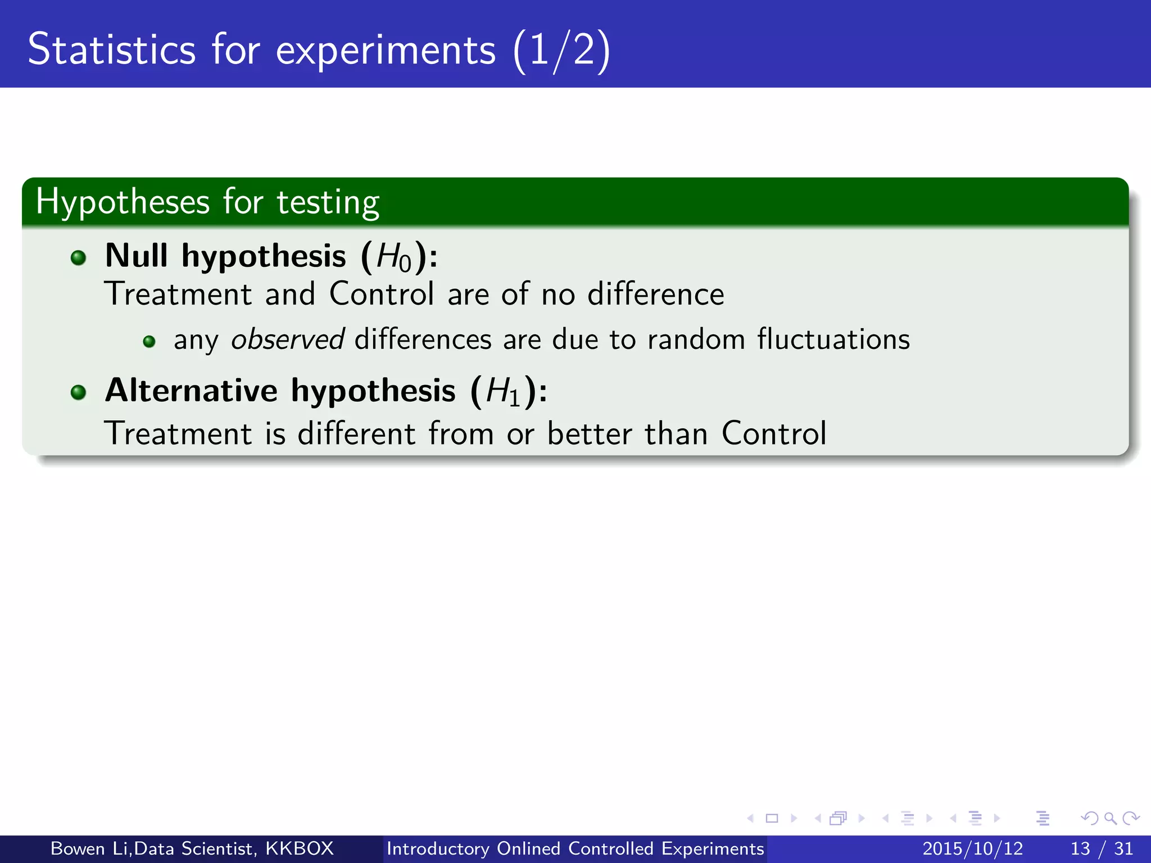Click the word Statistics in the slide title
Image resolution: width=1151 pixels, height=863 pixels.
(111, 49)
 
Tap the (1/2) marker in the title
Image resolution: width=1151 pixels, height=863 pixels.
(561, 51)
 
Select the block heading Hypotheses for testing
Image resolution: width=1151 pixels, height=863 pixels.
(207, 202)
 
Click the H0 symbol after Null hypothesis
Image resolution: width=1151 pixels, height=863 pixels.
(393, 257)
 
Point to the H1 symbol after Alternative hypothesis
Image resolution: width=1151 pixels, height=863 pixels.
(503, 392)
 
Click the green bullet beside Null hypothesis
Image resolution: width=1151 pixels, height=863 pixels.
(79, 258)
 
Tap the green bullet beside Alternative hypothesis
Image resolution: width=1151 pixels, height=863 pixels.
(79, 392)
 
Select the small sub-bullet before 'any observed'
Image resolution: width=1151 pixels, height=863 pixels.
(149, 342)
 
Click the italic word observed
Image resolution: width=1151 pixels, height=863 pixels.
(287, 339)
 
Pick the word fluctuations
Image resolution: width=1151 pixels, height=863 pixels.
(833, 339)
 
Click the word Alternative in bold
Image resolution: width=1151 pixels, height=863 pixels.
(191, 390)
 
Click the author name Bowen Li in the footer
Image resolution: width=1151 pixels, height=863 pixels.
(90, 848)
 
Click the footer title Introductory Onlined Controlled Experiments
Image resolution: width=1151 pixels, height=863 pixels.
(575, 848)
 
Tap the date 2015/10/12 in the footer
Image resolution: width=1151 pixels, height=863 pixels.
(972, 848)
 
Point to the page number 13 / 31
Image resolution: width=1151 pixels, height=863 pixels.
(1102, 848)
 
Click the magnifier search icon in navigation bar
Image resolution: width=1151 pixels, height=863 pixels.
(1110, 819)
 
